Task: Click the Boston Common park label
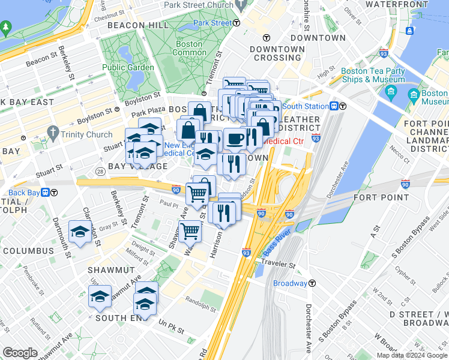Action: click(x=188, y=48)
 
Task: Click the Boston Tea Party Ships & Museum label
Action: click(x=372, y=75)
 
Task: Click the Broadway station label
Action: click(x=290, y=283)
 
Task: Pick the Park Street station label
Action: click(x=212, y=23)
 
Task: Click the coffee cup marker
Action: click(x=235, y=139)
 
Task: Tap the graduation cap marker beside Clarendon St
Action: click(x=80, y=232)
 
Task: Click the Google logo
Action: click(x=20, y=353)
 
